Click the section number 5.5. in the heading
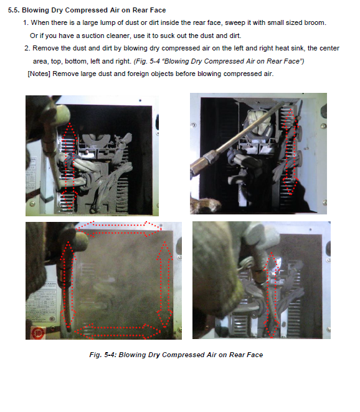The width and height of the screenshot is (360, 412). pyautogui.click(x=14, y=10)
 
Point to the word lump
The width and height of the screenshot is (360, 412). pyautogui.click(x=108, y=23)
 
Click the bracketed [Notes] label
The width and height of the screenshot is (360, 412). pyautogui.click(x=39, y=74)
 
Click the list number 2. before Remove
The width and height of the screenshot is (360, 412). pyautogui.click(x=27, y=49)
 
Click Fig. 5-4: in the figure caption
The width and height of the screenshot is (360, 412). pyautogui.click(x=103, y=355)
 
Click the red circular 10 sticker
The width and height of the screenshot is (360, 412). pyautogui.click(x=37, y=333)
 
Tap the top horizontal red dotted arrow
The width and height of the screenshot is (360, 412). pyautogui.click(x=119, y=229)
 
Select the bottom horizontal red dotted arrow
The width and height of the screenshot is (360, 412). pyautogui.click(x=118, y=331)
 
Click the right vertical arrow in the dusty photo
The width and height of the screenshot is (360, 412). pyautogui.click(x=164, y=285)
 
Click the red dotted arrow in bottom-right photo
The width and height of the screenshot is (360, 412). pyautogui.click(x=272, y=295)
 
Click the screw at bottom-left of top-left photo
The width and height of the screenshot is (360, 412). pyautogui.click(x=32, y=203)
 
